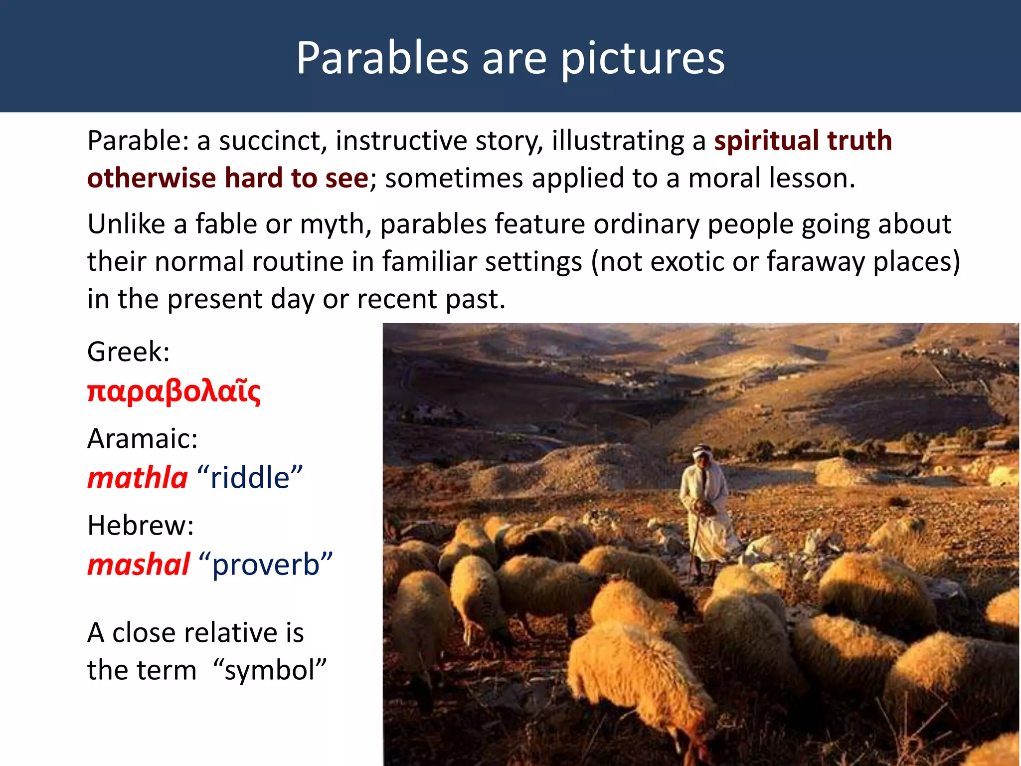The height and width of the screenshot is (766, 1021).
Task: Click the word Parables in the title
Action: [382, 59]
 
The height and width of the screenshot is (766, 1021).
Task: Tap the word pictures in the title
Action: [643, 59]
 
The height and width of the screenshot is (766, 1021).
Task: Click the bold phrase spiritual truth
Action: [803, 140]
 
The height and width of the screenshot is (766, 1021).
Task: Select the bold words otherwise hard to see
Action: [227, 178]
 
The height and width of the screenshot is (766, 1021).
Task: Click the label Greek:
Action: [128, 352]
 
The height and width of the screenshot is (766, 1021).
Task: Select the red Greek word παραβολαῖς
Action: [173, 391]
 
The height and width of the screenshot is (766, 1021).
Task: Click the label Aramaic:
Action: [142, 439]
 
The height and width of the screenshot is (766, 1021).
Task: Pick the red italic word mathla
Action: [137, 478]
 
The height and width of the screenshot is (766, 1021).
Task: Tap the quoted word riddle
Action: [250, 478]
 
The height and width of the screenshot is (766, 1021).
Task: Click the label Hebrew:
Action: [140, 526]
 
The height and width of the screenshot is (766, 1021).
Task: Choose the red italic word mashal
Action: [139, 565]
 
